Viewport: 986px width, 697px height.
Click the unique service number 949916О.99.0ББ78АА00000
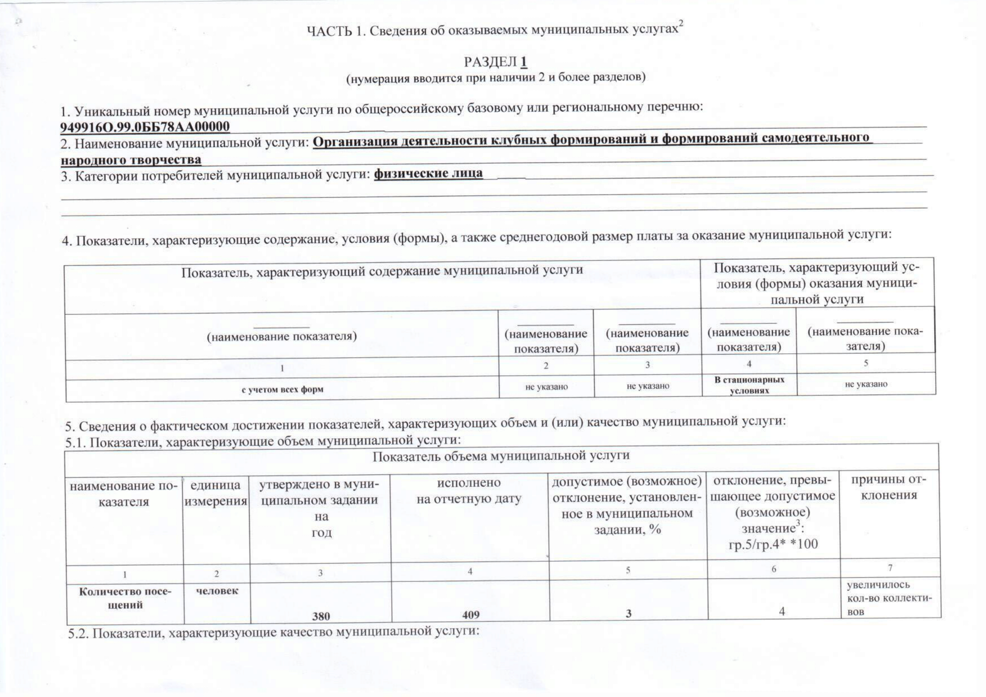point(145,126)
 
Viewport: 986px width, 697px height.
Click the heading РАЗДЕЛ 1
point(495,62)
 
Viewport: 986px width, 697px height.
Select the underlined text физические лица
point(428,174)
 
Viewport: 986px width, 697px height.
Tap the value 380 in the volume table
point(321,616)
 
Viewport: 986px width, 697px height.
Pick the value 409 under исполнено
point(471,615)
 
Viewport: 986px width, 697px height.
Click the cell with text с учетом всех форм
point(282,390)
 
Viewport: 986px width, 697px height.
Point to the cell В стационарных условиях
point(749,385)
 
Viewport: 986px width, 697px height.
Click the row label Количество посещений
point(125,598)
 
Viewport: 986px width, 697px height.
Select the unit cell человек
point(217,591)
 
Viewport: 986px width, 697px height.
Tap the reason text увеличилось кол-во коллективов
point(889,598)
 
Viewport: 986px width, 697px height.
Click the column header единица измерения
point(215,493)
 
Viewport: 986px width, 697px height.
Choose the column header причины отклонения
point(889,487)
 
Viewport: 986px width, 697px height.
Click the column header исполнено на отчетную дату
point(469,490)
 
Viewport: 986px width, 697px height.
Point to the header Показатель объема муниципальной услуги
point(501,456)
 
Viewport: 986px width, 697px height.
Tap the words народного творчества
point(131,160)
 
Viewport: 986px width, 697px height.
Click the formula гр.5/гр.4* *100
point(773,544)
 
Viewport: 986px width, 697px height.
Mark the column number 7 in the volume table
point(890,568)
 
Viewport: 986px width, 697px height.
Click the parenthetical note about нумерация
point(496,78)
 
